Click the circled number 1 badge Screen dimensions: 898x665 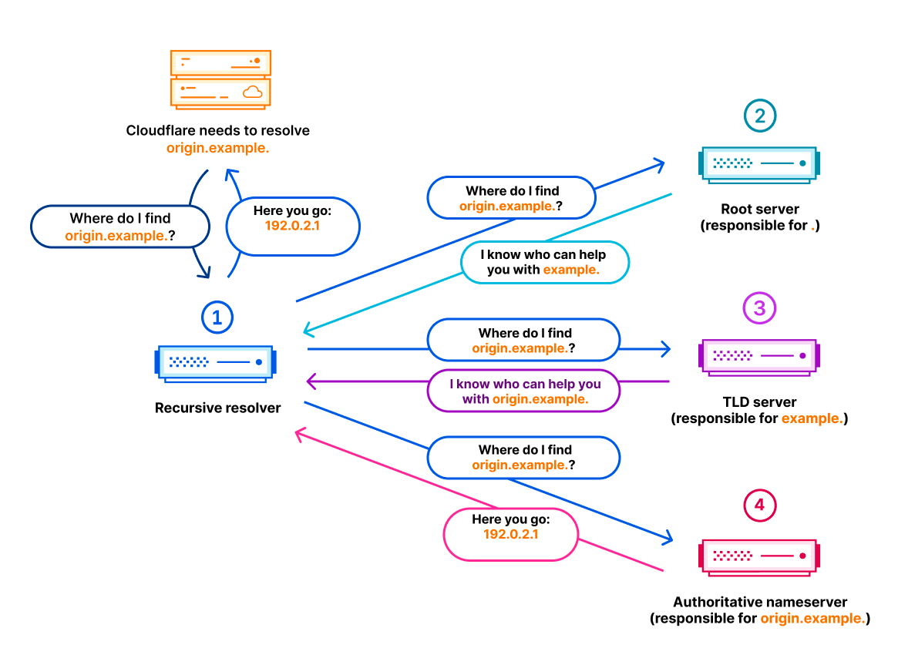pyautogui.click(x=217, y=317)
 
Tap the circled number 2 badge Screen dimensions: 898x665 pyautogui.click(x=760, y=116)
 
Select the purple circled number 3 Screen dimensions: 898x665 pyautogui.click(x=759, y=308)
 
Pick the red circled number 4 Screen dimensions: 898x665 pyautogui.click(x=759, y=505)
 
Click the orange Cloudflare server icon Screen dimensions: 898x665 pyautogui.click(x=220, y=79)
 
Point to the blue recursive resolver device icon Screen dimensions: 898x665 pyautogui.click(x=215, y=364)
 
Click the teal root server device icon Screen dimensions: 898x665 pyautogui.click(x=759, y=165)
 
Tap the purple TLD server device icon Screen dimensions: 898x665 pyautogui.click(x=759, y=357)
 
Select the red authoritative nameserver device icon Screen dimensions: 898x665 pyautogui.click(x=759, y=557)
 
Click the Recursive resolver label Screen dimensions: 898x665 pyautogui.click(x=217, y=408)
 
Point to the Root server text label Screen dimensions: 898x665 pyautogui.click(x=760, y=209)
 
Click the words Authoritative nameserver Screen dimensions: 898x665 pyautogui.click(x=760, y=602)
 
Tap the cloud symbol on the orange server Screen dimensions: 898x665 pyautogui.click(x=253, y=92)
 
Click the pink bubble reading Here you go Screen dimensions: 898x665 pyautogui.click(x=511, y=535)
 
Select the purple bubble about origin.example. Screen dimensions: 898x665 pyautogui.click(x=524, y=391)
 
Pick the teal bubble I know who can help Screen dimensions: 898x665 pyautogui.click(x=545, y=262)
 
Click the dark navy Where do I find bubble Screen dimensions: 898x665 pyautogui.click(x=120, y=227)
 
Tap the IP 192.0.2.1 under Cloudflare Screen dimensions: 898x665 pyautogui.click(x=292, y=226)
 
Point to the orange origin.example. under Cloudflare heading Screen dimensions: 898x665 pyautogui.click(x=217, y=148)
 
